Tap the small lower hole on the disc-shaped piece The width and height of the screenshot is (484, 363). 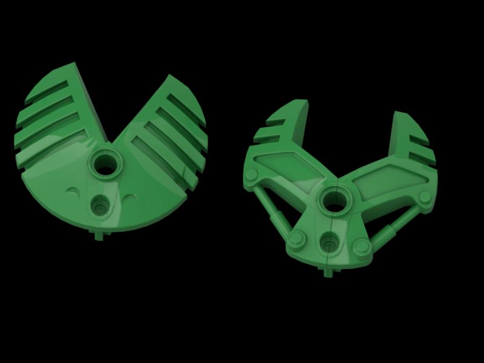click(99, 206)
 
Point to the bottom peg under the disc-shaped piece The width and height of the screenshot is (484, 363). click(97, 235)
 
